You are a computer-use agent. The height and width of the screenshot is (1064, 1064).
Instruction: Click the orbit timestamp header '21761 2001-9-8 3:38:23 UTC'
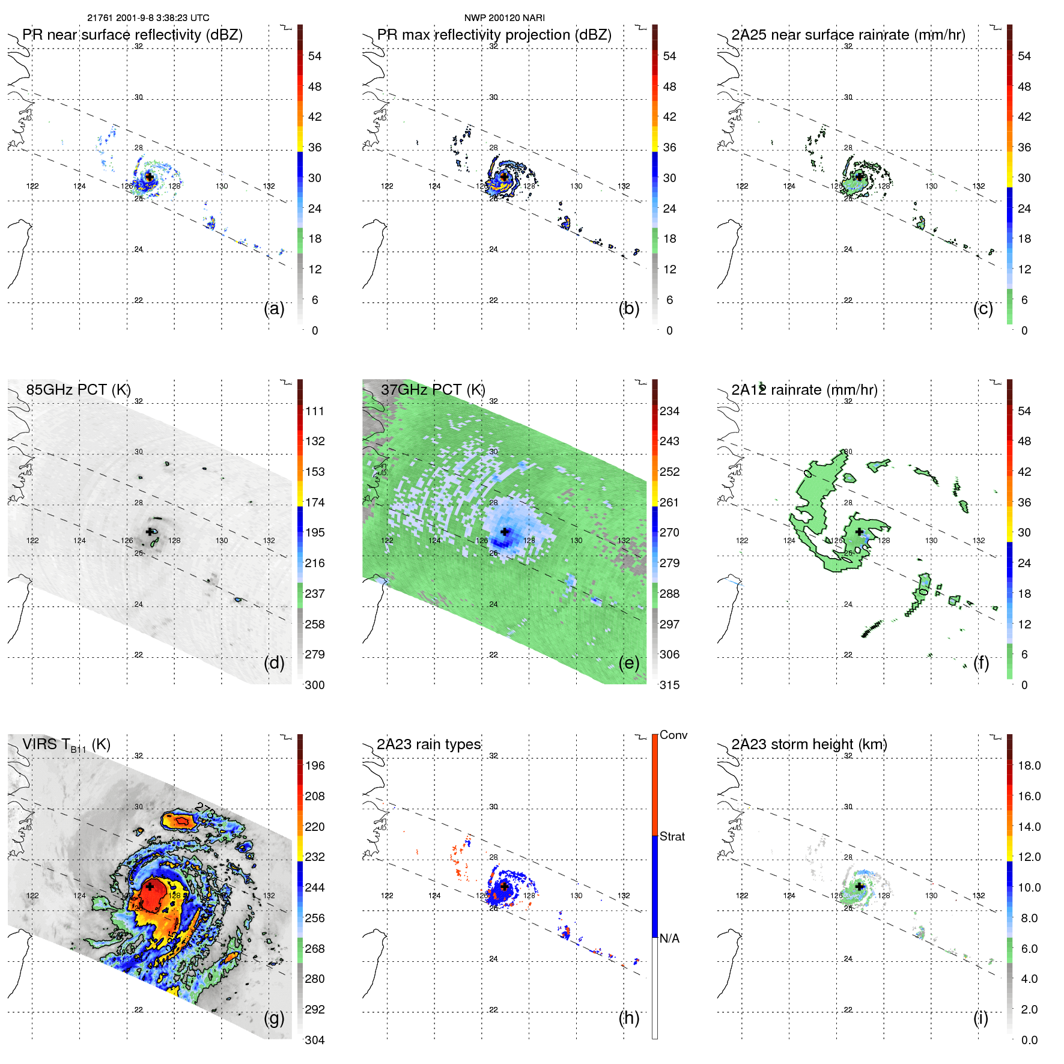point(148,18)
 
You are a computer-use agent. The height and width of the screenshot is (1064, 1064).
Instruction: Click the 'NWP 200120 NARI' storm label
point(504,18)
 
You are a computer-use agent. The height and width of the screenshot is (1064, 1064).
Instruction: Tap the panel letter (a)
point(274,308)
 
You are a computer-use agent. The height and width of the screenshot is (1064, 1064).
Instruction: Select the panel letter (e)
point(628,663)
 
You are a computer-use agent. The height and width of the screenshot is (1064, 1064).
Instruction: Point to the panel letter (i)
point(980,1018)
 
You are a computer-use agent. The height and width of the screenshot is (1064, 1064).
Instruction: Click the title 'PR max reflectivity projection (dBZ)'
point(494,35)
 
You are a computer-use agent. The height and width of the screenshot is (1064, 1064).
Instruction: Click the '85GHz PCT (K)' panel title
point(78,390)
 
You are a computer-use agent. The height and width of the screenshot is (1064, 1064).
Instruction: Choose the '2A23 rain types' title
point(428,744)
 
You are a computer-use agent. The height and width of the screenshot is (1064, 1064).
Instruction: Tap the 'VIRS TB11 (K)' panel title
point(66,745)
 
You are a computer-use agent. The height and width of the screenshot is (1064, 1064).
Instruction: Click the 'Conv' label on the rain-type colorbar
point(673,735)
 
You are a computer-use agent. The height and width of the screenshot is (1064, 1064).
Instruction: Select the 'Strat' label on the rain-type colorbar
point(672,836)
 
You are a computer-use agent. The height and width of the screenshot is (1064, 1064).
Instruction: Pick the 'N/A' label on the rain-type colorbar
point(669,938)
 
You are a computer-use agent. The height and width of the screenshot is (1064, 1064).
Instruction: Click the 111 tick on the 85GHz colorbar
point(314,411)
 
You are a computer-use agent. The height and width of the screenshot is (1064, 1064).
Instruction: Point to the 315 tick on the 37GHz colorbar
point(669,685)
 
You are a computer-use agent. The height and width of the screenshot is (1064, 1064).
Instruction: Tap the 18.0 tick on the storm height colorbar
point(1029,765)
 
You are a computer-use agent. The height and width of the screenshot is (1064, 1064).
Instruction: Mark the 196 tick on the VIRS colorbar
point(314,765)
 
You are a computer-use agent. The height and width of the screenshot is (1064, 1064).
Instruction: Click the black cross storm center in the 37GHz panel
point(505,532)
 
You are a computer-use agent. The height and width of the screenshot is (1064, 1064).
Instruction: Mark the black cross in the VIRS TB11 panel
point(150,886)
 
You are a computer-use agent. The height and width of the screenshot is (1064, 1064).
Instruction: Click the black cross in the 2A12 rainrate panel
point(859,532)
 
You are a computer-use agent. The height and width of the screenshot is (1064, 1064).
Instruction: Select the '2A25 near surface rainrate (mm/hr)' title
point(848,35)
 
